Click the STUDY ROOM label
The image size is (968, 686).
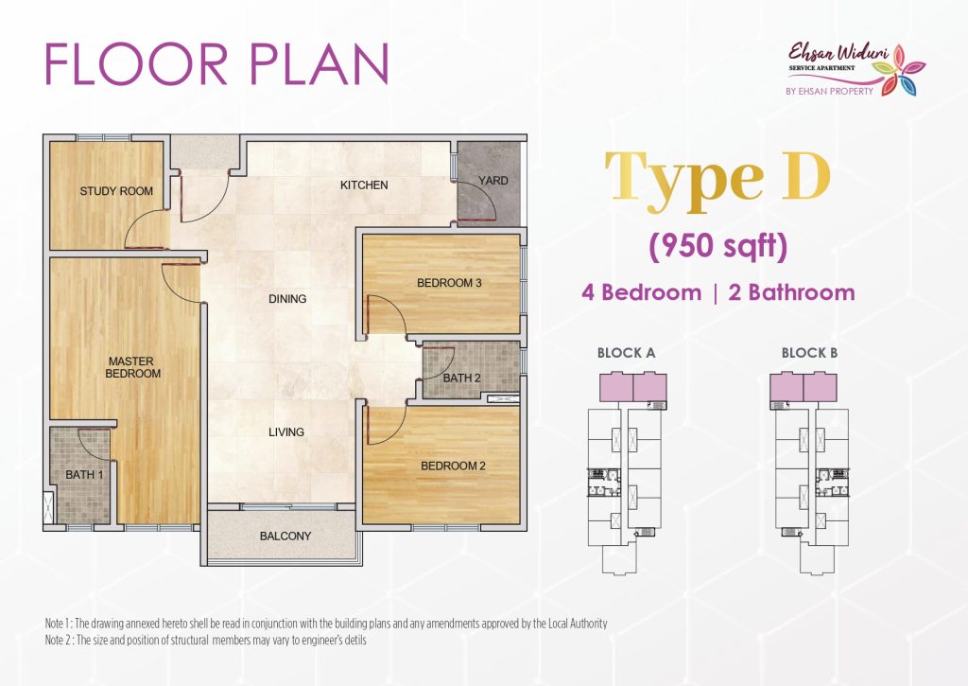pos(116,191)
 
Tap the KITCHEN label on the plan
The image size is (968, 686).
pos(364,185)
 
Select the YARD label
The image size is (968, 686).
pos(493,181)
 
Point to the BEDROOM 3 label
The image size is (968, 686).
pos(449,283)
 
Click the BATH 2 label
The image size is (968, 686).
pos(461,378)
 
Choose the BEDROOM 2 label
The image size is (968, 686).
pos(453,466)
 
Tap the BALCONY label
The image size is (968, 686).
pos(285,536)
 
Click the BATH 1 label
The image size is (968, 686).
pos(84,475)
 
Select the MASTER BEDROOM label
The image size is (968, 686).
pos(132,367)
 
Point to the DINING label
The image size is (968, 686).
pos(287,298)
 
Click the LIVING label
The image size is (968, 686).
pos(286,432)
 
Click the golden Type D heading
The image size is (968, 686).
pos(717,180)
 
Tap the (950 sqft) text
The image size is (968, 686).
pos(718,247)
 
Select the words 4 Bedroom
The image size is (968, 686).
pos(642,292)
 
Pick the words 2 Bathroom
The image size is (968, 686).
pos(792,292)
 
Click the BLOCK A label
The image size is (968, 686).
pos(626,353)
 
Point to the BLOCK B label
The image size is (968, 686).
pos(809,353)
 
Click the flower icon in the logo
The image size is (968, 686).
pos(901,70)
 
